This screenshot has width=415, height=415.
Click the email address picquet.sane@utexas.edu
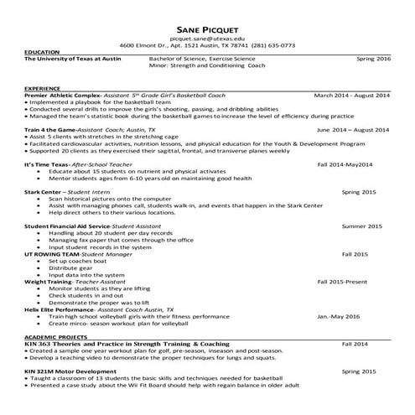tap(207, 39)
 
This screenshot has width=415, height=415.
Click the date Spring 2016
tap(373, 60)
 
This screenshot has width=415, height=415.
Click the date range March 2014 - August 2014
tap(352, 96)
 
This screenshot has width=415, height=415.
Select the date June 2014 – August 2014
tap(353, 130)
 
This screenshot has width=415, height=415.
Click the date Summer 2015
tap(362, 226)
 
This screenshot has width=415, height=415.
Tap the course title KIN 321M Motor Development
tap(70, 370)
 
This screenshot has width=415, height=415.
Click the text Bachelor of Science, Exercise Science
tap(202, 60)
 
